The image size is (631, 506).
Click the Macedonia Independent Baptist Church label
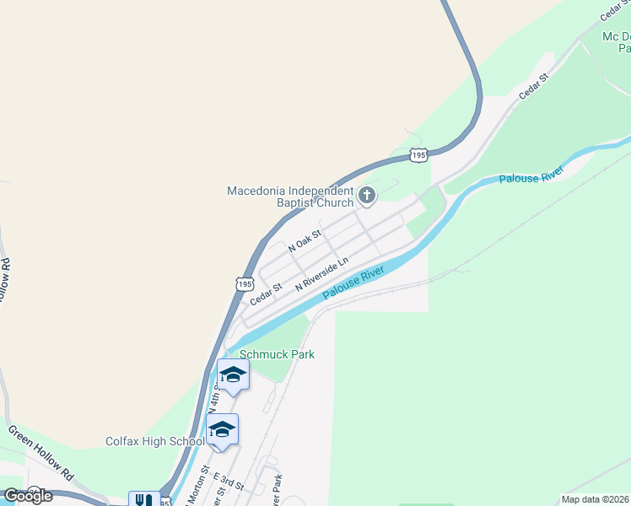click(x=289, y=196)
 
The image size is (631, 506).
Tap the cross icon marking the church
click(x=367, y=196)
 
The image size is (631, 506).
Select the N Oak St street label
click(x=305, y=241)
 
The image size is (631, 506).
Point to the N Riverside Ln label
click(x=321, y=275)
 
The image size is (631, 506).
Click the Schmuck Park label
click(x=277, y=354)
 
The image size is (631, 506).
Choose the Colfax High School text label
click(x=155, y=441)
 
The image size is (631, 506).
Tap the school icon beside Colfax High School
click(x=222, y=430)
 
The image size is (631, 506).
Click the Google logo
click(x=27, y=496)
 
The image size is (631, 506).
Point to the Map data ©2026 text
click(x=595, y=499)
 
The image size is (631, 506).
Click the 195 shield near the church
click(x=419, y=154)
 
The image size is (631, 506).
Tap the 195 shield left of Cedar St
click(x=245, y=285)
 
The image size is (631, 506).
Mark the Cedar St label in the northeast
click(x=534, y=86)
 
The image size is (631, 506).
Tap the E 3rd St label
click(x=229, y=482)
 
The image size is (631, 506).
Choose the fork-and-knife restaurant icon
click(x=140, y=500)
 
